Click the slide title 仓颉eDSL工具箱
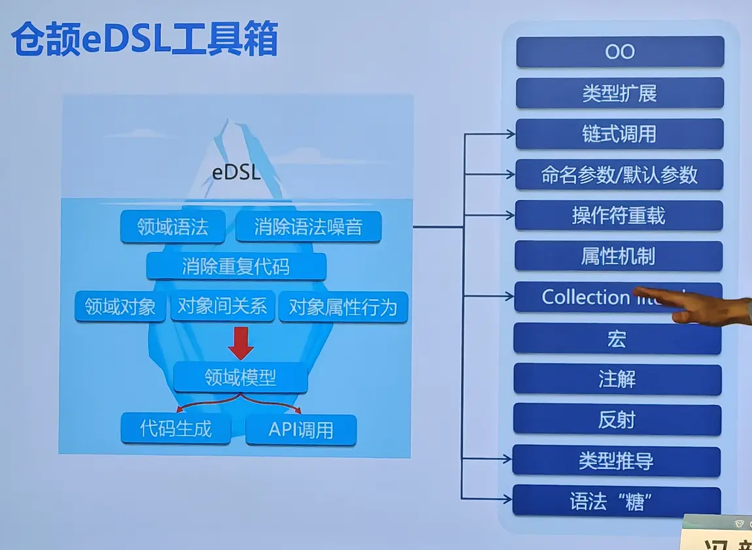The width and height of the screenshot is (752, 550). [x=145, y=40]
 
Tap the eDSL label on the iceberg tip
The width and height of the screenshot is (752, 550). [x=236, y=173]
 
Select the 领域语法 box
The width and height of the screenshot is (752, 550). [x=173, y=227]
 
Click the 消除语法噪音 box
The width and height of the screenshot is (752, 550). [x=308, y=227]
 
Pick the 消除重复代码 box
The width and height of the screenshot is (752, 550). [x=236, y=267]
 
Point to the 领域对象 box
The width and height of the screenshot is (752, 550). [x=120, y=306]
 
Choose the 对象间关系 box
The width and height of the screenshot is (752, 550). [x=222, y=306]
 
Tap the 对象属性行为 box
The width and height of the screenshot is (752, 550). [x=343, y=307]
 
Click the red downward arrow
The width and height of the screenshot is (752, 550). [x=241, y=344]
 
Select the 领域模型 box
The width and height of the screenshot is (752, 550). [x=241, y=378]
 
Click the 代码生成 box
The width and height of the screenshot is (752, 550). [x=176, y=429]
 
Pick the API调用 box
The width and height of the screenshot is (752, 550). [x=301, y=430]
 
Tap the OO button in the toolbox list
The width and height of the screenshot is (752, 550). [x=620, y=52]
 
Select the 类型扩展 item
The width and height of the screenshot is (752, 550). [x=619, y=93]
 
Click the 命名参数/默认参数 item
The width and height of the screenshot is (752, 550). [x=619, y=175]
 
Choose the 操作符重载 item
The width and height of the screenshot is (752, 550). [x=619, y=216]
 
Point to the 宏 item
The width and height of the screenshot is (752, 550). [x=617, y=338]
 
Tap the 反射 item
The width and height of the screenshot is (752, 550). [x=617, y=420]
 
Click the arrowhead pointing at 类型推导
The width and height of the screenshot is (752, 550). [x=508, y=461]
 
